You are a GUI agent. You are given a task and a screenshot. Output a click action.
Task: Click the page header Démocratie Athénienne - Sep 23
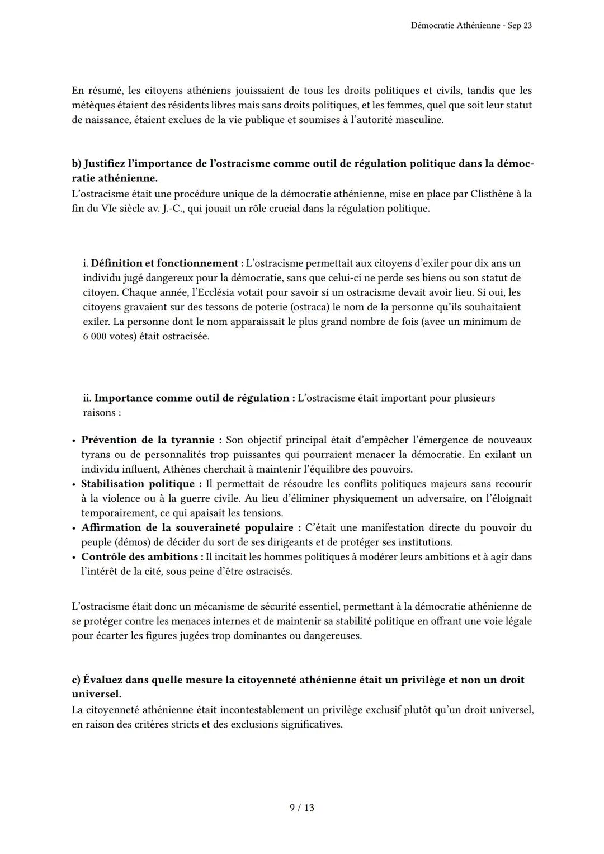(471, 26)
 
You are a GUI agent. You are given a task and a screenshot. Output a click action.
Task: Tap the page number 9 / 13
(302, 808)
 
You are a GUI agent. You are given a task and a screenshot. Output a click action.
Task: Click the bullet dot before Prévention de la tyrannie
(74, 441)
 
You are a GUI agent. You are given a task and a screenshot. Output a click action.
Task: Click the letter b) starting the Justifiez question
(77, 164)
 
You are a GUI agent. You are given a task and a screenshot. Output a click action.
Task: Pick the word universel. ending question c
(97, 694)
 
